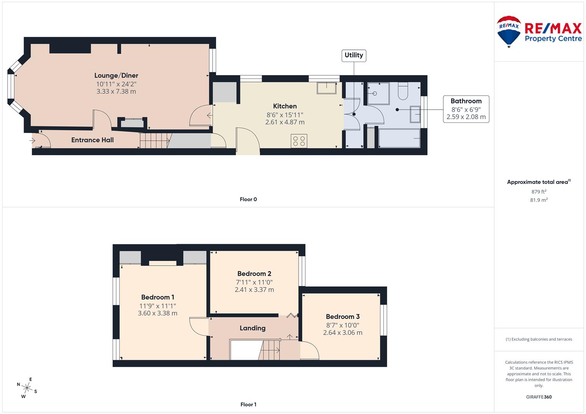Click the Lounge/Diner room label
pos(116,76)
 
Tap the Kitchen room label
pos(285,106)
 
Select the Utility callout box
pos(353,55)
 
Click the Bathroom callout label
pos(466,101)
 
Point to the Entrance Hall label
pos(92,140)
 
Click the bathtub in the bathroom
pos(399,138)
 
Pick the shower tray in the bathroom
pos(378,93)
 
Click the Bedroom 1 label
pos(158,297)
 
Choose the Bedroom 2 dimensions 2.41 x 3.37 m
pos(254,290)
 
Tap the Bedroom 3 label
pos(343,317)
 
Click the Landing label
pos(253,328)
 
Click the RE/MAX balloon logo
pos(509,31)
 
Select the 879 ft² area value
pos(539,192)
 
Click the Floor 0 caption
pos(248,199)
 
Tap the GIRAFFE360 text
pos(539,397)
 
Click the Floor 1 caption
pos(248,404)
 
